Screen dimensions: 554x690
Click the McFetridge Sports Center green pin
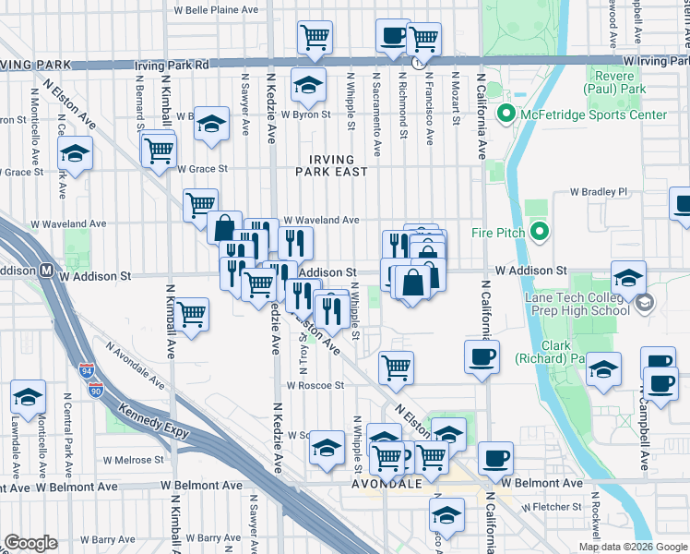(x=506, y=115)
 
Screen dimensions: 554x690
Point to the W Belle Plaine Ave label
(x=217, y=10)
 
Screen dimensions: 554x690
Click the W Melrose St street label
(x=133, y=459)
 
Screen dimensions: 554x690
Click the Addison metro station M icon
(x=44, y=271)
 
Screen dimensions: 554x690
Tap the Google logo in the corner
(x=30, y=543)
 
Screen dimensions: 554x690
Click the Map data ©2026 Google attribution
(x=632, y=547)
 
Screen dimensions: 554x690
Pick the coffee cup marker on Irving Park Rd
(x=393, y=38)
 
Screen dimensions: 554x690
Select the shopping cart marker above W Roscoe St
(x=396, y=366)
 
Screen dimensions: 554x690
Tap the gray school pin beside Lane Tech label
(x=645, y=302)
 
